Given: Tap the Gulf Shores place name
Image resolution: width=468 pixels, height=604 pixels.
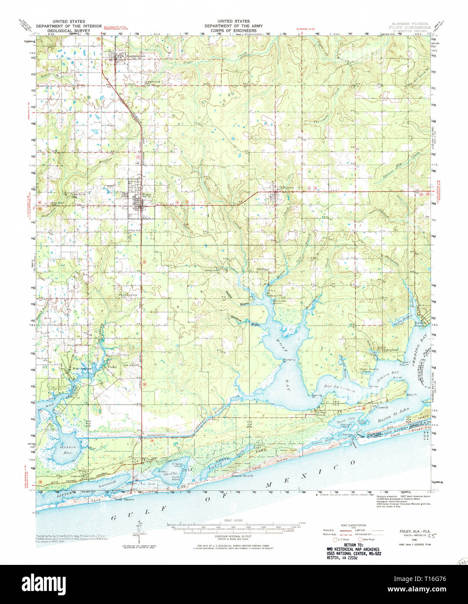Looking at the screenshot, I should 124,499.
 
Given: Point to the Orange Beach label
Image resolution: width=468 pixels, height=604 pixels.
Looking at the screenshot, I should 321,413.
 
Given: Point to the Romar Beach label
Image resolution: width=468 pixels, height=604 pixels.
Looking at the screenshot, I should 243,476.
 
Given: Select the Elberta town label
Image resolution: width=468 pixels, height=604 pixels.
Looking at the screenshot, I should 287,188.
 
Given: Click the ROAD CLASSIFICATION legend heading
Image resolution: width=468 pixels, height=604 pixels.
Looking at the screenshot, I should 354,525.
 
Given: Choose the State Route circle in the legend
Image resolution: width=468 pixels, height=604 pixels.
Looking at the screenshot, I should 360,539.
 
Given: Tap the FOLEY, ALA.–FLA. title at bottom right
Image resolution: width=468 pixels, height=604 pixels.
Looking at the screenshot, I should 408,531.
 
